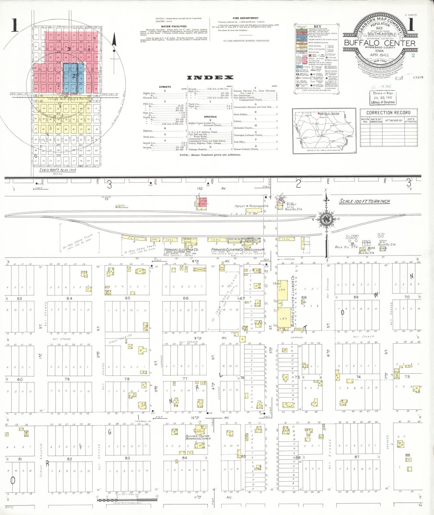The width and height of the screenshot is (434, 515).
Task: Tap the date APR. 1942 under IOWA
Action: [x=379, y=55]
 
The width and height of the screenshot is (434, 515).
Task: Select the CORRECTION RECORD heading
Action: [x=388, y=113]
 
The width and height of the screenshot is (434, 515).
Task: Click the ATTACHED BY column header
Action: [x=394, y=120]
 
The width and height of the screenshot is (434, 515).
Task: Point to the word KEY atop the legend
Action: [x=317, y=27]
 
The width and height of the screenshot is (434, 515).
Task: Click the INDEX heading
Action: [x=210, y=78]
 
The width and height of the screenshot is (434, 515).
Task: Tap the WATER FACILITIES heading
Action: [x=174, y=26]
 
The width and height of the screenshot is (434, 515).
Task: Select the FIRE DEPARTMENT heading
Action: [x=245, y=18]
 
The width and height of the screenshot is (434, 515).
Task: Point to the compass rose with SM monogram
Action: [x=326, y=220]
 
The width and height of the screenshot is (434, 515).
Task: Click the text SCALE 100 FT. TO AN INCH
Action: [x=365, y=201]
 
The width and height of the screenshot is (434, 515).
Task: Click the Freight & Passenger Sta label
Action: [x=251, y=206]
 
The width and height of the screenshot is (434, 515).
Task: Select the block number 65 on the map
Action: [x=127, y=298]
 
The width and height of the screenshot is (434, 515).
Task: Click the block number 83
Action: [x=127, y=458]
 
